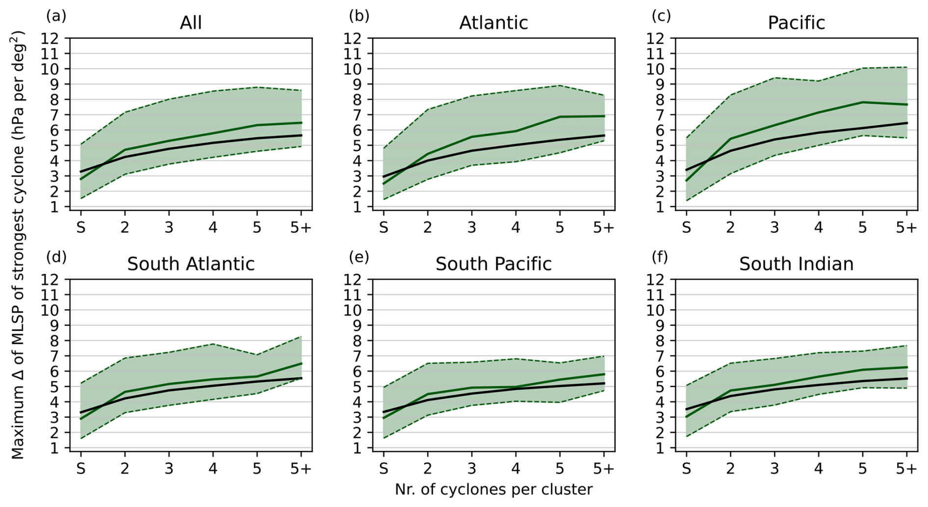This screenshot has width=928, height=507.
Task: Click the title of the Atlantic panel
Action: coord(493,23)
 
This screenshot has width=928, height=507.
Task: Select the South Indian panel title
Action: coord(796,264)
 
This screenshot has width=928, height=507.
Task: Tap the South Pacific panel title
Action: coord(493,264)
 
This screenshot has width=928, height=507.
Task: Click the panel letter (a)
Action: coord(56,16)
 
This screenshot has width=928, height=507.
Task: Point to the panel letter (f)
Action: coord(660,257)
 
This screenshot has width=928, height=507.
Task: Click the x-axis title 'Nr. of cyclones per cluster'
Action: coord(493,489)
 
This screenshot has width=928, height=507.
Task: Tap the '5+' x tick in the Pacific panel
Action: coord(906,227)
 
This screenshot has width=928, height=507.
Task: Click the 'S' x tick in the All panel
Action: coord(81,227)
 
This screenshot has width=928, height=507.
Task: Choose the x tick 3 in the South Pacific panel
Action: coord(472,469)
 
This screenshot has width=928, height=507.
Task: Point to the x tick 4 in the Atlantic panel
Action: coord(516,227)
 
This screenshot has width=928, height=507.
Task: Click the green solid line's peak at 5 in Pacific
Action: coord(863,102)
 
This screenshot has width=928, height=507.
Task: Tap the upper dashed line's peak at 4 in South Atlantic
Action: coord(213,344)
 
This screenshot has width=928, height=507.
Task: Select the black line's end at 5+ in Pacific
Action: coord(907,123)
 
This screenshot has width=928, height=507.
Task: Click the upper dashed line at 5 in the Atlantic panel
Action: coord(560,85)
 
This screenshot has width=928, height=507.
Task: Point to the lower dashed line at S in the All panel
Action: coord(81,199)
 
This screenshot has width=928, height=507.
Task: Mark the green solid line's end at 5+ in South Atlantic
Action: coord(301,364)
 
